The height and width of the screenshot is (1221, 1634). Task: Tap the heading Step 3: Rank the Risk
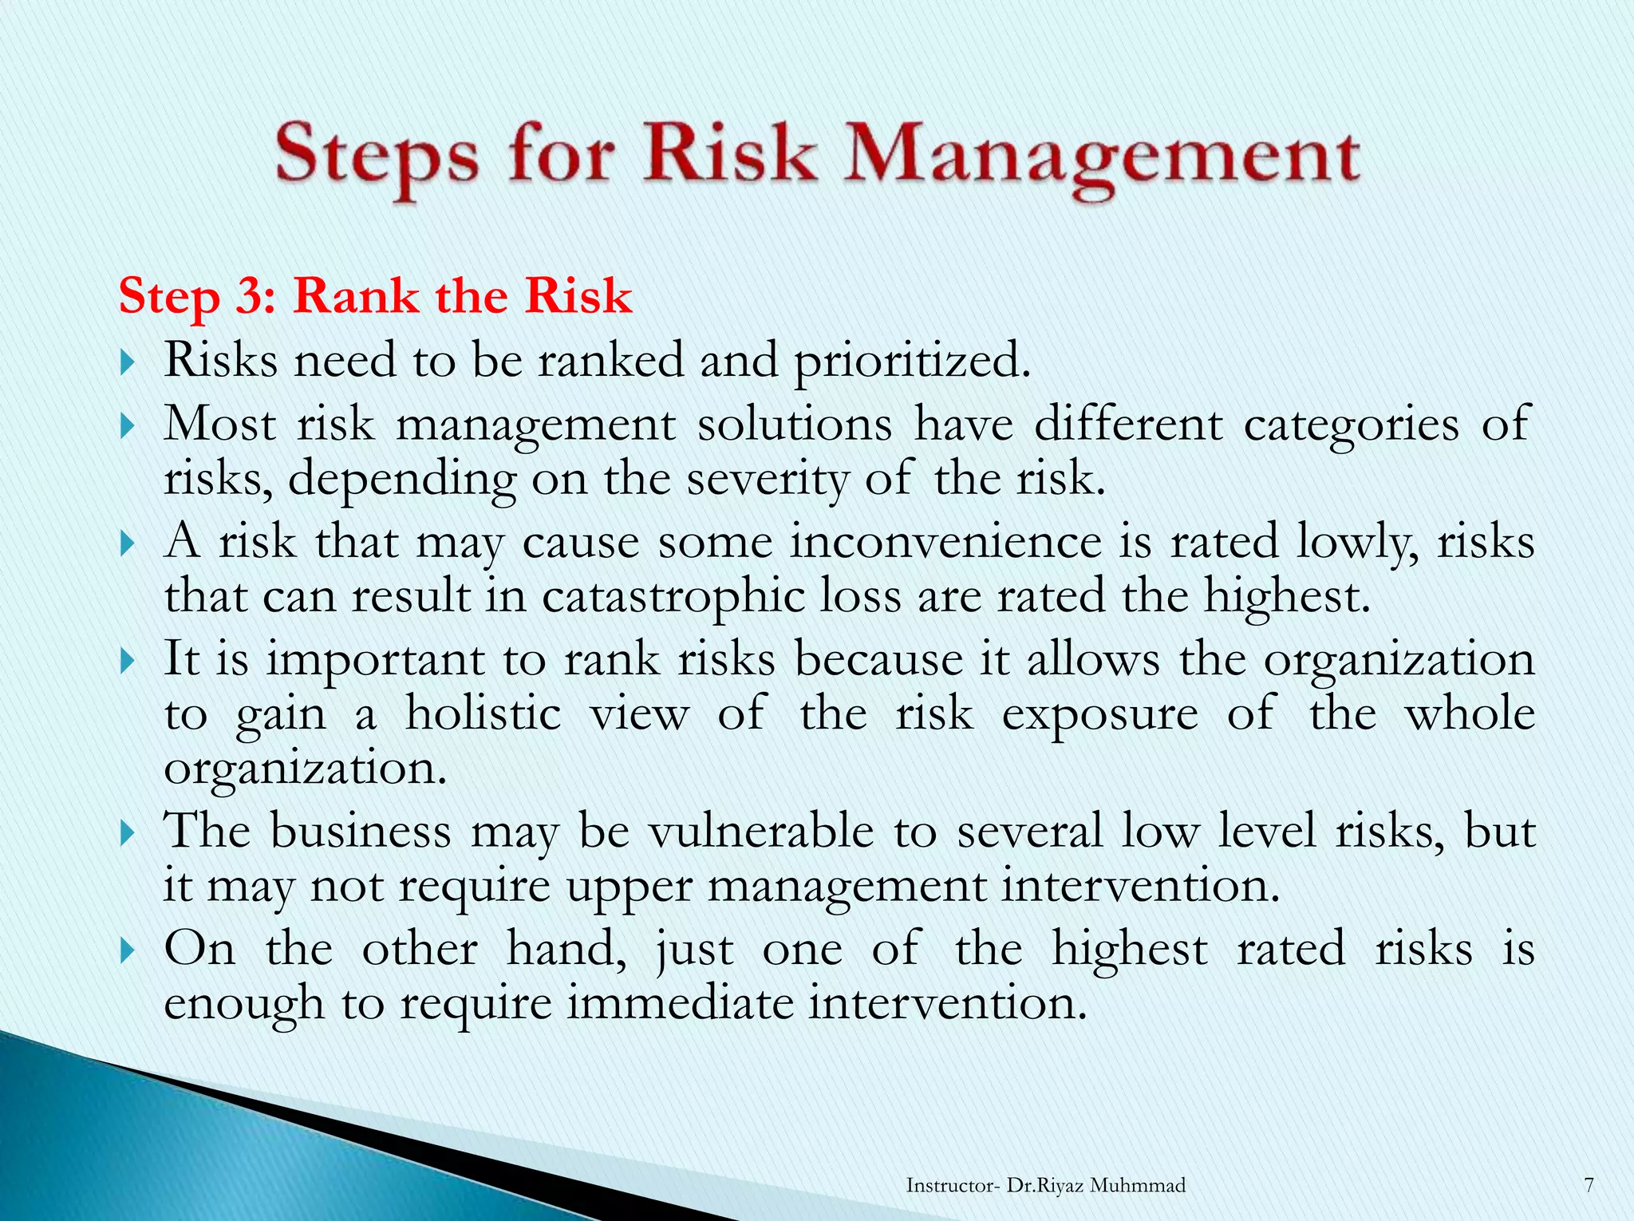(x=375, y=296)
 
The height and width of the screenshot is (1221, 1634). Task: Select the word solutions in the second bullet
(x=795, y=424)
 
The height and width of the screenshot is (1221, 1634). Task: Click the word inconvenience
(x=945, y=542)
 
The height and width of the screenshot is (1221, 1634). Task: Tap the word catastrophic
(x=673, y=597)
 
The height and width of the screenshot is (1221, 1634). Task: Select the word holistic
(x=483, y=713)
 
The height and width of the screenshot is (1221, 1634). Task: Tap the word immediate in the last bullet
(x=681, y=1003)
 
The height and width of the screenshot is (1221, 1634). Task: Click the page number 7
(x=1589, y=1185)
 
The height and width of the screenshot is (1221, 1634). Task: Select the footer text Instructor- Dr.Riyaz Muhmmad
(x=1045, y=1185)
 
